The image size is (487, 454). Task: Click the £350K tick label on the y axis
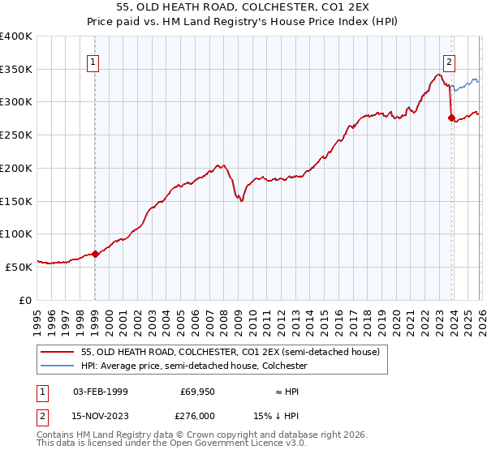coord(15,70)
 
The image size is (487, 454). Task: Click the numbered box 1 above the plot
coord(94,62)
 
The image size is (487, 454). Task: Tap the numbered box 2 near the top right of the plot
coord(449,62)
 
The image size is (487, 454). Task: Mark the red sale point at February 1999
coord(95,254)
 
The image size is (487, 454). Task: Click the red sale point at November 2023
coord(451,118)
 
